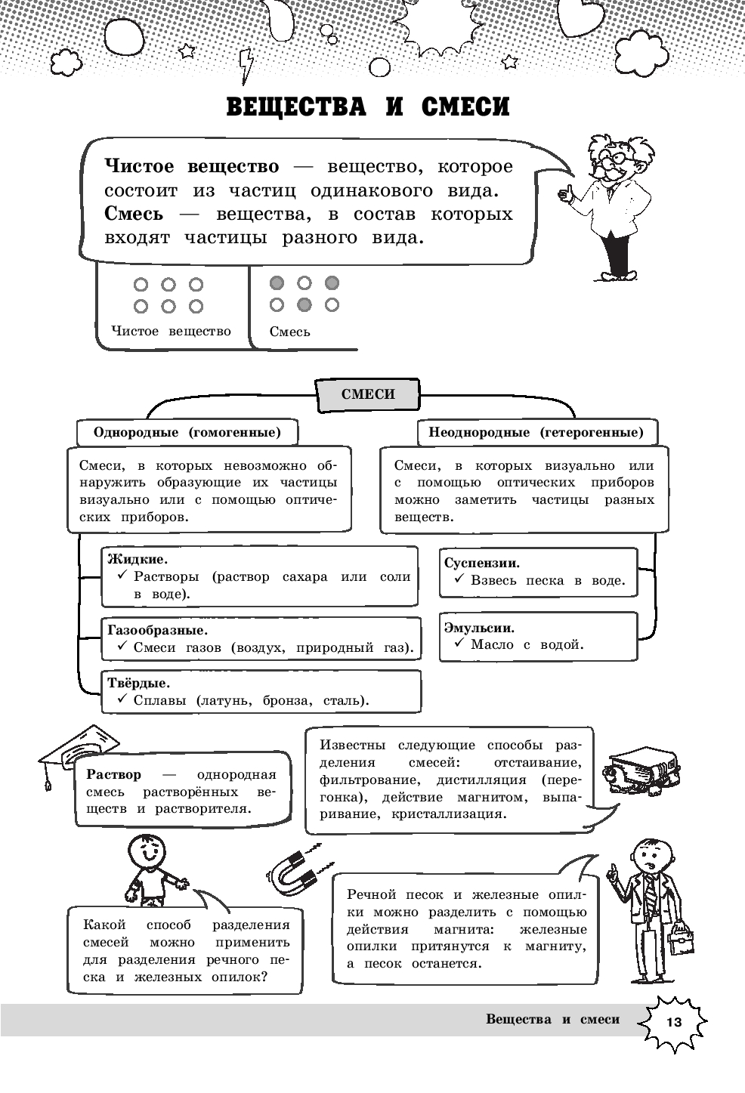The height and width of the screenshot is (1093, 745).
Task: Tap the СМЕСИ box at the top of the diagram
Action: click(x=368, y=394)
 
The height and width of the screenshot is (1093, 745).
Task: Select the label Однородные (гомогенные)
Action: click(x=187, y=433)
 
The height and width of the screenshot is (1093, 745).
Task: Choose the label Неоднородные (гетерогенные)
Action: click(x=536, y=433)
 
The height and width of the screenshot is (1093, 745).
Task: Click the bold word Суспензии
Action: click(x=482, y=563)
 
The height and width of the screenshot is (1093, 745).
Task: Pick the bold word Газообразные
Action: click(x=158, y=630)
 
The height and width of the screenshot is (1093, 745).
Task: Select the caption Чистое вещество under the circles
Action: click(x=171, y=331)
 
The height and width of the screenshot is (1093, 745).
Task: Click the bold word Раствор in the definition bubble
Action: click(x=114, y=775)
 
